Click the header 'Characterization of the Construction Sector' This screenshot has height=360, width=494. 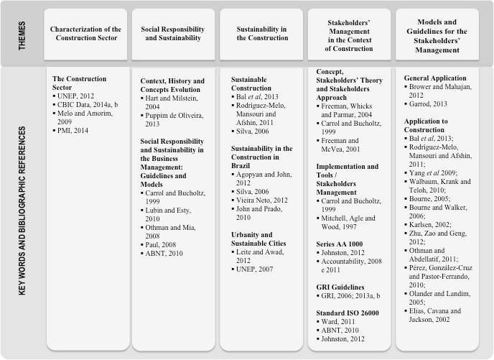tap(85, 34)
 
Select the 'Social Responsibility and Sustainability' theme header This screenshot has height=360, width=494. tap(173, 34)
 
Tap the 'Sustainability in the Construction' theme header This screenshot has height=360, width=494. tap(261, 34)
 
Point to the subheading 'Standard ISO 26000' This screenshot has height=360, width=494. tap(348, 313)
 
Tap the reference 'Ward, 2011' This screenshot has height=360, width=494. tap(342, 321)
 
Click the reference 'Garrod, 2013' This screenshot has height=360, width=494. tap(432, 103)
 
